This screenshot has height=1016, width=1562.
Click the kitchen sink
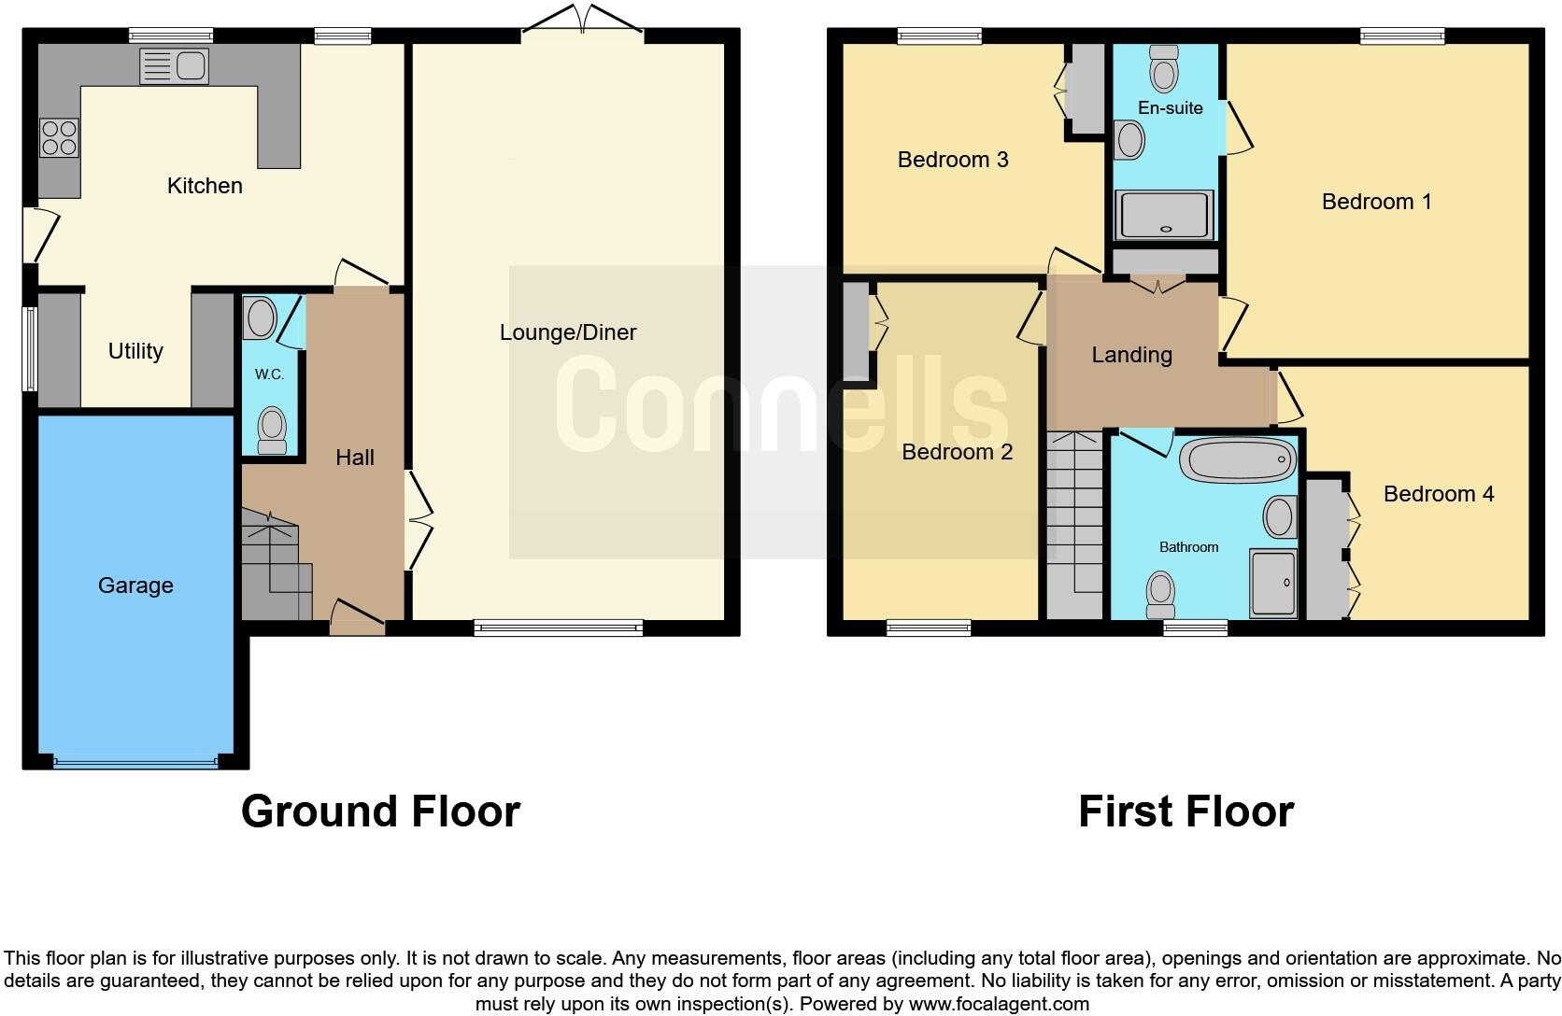point(174,66)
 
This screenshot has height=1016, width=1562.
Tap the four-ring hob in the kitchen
point(59,138)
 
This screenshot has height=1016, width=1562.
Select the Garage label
point(135,586)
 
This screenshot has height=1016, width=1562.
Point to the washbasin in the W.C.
point(260,318)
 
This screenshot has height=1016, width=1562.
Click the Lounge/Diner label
point(568,332)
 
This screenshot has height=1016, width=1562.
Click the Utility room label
point(135,351)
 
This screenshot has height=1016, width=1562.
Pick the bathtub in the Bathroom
point(1238,459)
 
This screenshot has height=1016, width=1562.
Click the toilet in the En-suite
point(1164,69)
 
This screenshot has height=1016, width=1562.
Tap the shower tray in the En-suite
point(1163,215)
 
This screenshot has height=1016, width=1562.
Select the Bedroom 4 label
point(1438,494)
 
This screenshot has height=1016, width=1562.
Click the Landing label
point(1131,355)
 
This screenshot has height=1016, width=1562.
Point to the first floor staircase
point(1075,523)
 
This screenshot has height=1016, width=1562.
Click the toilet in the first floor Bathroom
point(1160,594)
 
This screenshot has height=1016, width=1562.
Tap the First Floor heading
point(1186,811)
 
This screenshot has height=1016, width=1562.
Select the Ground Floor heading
point(380,811)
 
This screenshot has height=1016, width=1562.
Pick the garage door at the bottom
point(135,762)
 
